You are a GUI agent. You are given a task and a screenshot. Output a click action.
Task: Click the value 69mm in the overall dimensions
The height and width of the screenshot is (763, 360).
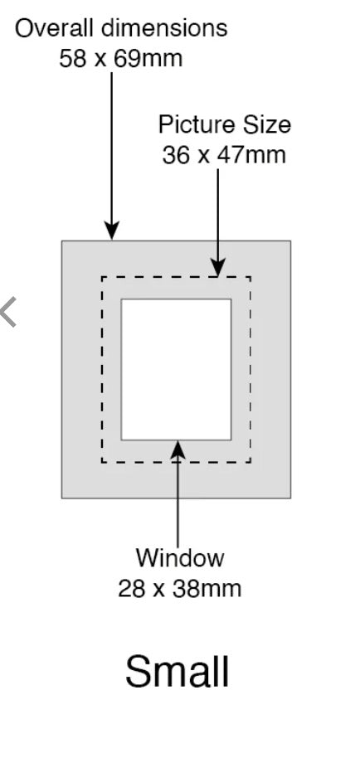click(x=148, y=59)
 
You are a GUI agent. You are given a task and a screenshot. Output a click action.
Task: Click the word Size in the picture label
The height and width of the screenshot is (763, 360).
click(x=267, y=124)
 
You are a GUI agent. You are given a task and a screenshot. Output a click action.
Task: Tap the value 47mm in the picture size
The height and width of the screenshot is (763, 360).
click(x=251, y=155)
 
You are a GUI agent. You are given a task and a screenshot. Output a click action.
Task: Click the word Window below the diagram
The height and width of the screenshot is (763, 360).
click(x=180, y=557)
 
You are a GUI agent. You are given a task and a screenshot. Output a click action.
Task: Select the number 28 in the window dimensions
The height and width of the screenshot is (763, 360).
click(x=133, y=589)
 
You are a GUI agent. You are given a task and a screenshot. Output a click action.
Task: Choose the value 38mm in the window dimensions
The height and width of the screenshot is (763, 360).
click(x=207, y=589)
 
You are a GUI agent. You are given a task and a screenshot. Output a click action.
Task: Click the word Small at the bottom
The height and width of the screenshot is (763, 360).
click(x=177, y=671)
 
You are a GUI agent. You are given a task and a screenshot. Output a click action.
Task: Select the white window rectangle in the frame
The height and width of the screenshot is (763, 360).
click(x=176, y=370)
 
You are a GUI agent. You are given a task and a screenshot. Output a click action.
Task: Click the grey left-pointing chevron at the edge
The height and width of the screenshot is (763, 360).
click(x=8, y=312)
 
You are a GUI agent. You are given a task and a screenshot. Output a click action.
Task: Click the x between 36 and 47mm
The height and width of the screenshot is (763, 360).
click(x=205, y=158)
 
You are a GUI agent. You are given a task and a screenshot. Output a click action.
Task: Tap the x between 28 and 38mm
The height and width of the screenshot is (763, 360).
click(x=160, y=591)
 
